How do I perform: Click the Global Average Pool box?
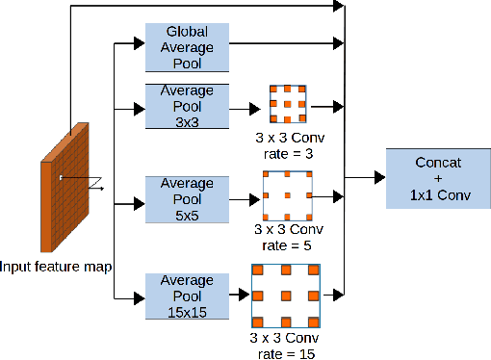coord(187,46)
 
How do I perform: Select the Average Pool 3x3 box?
coord(187,106)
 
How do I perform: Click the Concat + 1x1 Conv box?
coord(430,178)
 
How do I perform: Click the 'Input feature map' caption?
coord(56,265)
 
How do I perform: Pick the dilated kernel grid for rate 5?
coord(289,196)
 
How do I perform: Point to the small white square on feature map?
coord(60,177)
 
